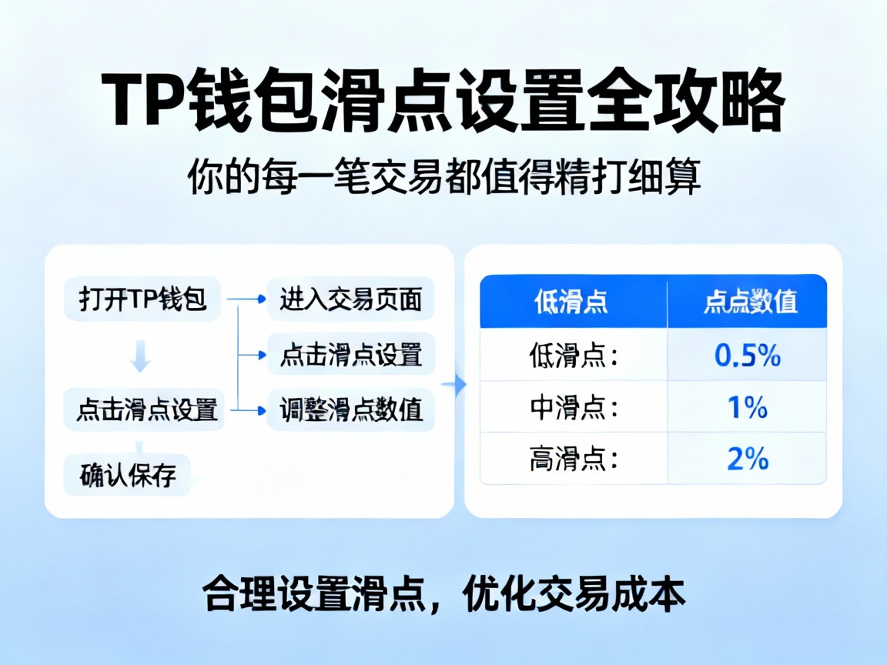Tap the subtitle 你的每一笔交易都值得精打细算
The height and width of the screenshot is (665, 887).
[x=444, y=179]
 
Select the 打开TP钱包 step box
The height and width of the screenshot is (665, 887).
[x=142, y=299]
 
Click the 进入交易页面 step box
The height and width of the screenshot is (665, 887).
[x=350, y=299]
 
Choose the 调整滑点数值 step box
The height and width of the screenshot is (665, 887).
[x=350, y=409]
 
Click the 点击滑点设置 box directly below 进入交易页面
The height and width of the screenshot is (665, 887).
[x=350, y=354]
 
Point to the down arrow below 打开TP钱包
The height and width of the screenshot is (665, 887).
[x=141, y=358]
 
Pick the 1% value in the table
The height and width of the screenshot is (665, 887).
[x=747, y=407]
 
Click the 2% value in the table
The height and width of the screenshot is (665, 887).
[x=747, y=459]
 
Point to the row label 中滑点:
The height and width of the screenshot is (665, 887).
[x=574, y=407]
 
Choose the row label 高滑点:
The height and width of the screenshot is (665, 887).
[x=574, y=459]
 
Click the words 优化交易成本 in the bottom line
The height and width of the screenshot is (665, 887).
[x=574, y=595]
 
